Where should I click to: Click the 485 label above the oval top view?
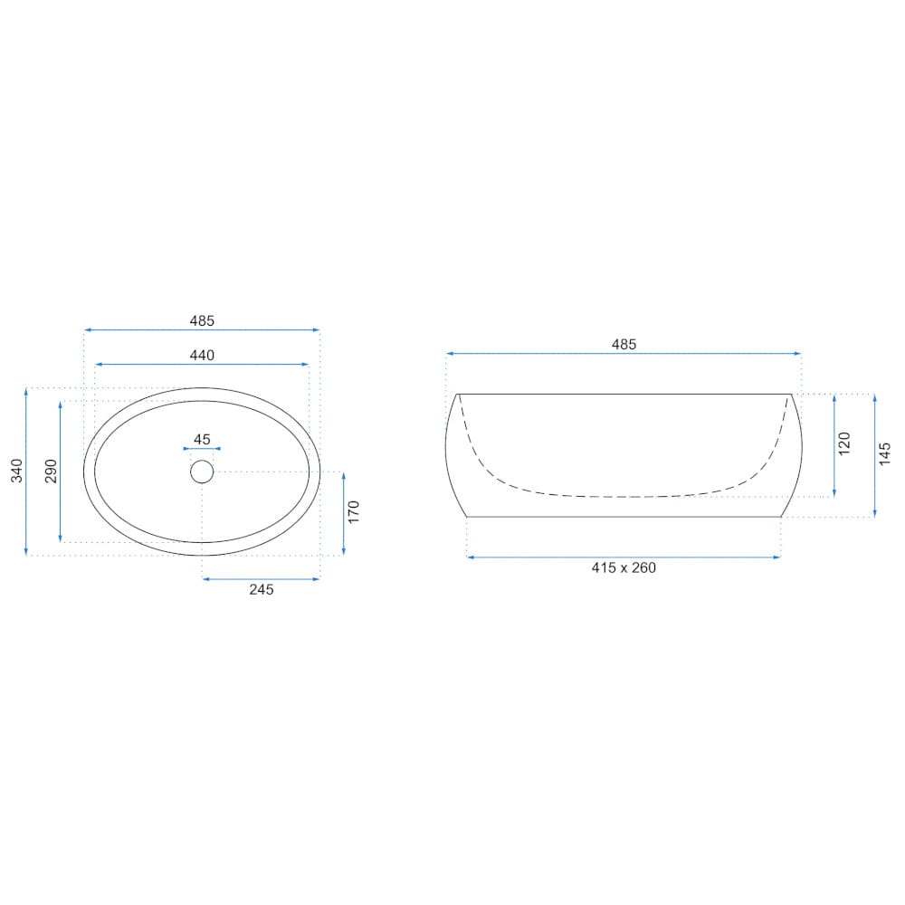pos(202,321)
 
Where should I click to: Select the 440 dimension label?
pos(202,356)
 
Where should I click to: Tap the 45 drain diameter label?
pos(202,440)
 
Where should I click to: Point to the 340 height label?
pos(16,471)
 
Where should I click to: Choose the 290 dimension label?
pos(52,471)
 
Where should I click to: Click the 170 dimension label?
pos(354,512)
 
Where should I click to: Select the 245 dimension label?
pos(262,590)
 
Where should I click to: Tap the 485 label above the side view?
pos(624,345)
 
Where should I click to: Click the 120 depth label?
pos(844,443)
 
